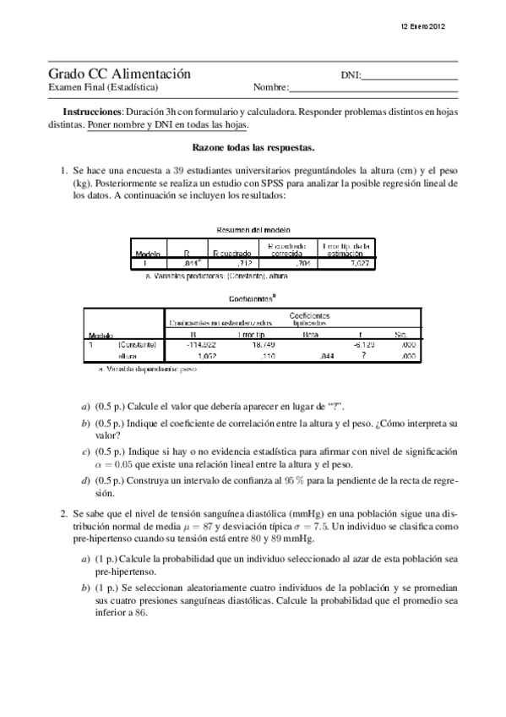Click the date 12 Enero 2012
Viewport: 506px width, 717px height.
click(423, 27)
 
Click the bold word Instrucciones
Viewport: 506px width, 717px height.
click(93, 112)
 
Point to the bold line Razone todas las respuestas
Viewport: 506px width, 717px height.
click(253, 146)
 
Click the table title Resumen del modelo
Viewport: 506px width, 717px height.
click(253, 229)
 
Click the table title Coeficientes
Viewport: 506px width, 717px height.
click(251, 298)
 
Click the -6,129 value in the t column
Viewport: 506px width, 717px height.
click(364, 346)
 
